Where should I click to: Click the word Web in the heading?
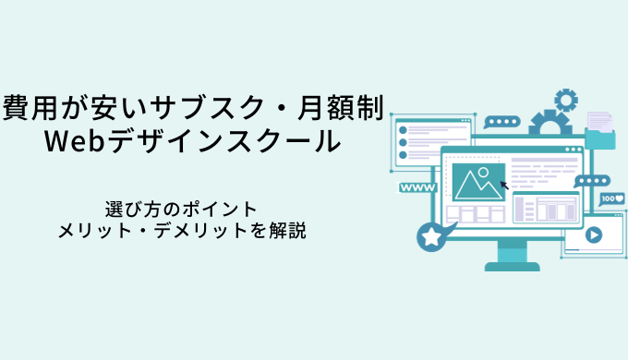click(x=75, y=140)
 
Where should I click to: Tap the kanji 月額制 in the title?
click(x=341, y=107)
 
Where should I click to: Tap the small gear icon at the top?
click(x=566, y=100)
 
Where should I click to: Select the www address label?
click(x=417, y=187)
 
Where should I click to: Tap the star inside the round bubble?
click(x=431, y=236)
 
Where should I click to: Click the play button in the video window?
click(x=594, y=234)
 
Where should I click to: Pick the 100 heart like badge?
click(x=612, y=199)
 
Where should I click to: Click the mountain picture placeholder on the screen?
click(x=478, y=182)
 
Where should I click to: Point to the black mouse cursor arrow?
click(x=504, y=185)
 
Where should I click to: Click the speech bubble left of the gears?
click(x=501, y=122)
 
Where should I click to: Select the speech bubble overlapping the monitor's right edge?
click(x=592, y=181)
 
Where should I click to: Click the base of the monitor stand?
click(x=513, y=266)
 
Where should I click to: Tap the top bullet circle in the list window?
click(x=403, y=130)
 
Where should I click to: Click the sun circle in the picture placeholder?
click(x=483, y=173)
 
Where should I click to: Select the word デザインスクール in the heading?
click(x=224, y=140)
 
